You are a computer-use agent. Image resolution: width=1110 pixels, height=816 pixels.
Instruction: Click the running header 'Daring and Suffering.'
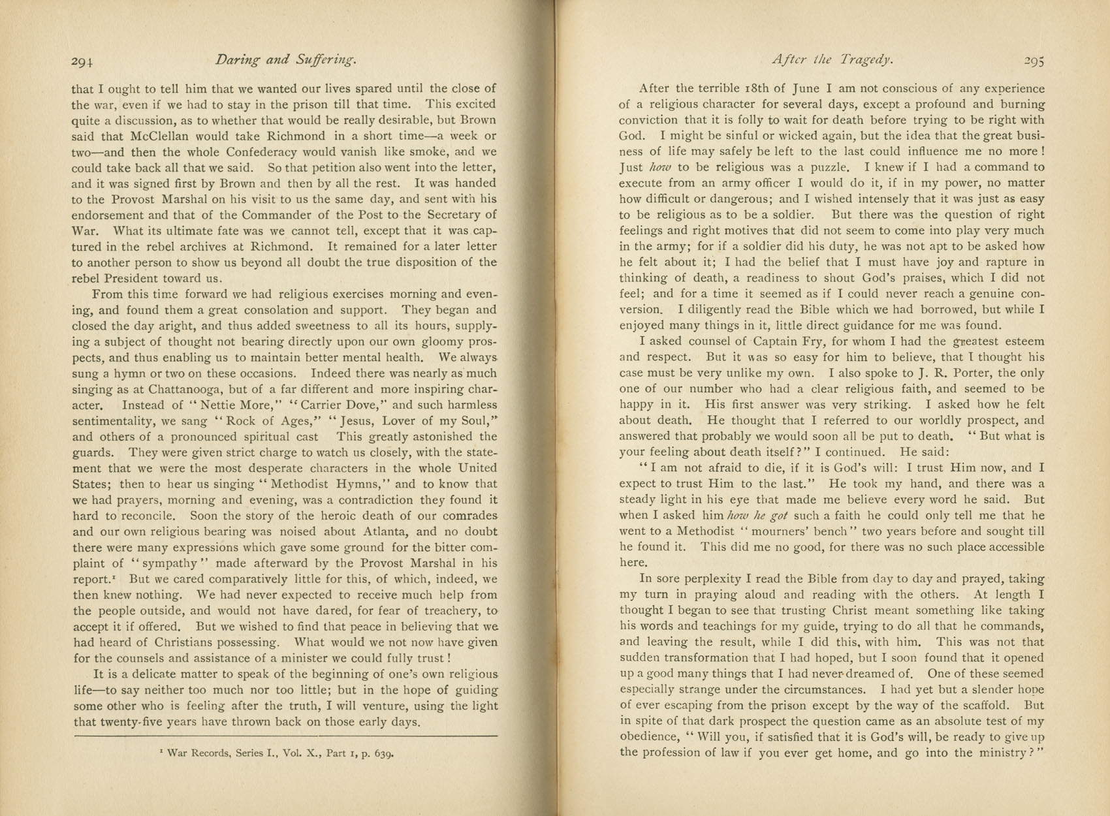pyautogui.click(x=285, y=61)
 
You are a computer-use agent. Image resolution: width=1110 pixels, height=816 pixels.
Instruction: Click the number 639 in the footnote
pyautogui.click(x=383, y=753)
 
